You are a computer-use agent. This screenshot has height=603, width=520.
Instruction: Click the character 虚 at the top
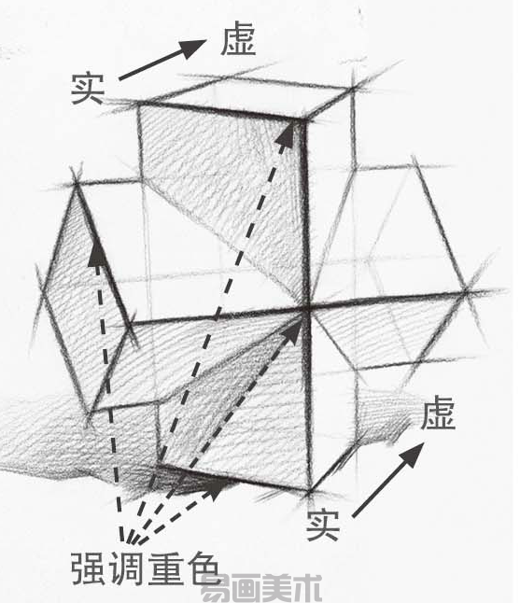click(238, 38)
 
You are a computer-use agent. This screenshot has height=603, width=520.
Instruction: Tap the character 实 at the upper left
click(88, 89)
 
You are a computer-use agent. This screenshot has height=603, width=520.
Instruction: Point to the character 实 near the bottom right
click(323, 525)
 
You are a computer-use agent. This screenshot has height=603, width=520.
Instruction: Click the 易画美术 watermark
click(261, 588)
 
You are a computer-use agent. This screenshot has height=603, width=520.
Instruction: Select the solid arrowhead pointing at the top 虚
click(193, 48)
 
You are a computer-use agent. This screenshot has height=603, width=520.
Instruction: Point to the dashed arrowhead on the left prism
click(96, 252)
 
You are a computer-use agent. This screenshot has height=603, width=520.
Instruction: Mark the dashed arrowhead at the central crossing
click(292, 330)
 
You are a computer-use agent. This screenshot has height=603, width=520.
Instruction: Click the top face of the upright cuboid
click(246, 97)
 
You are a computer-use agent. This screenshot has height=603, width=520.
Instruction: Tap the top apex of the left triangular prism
click(77, 186)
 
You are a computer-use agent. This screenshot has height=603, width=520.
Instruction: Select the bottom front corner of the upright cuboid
click(309, 491)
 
